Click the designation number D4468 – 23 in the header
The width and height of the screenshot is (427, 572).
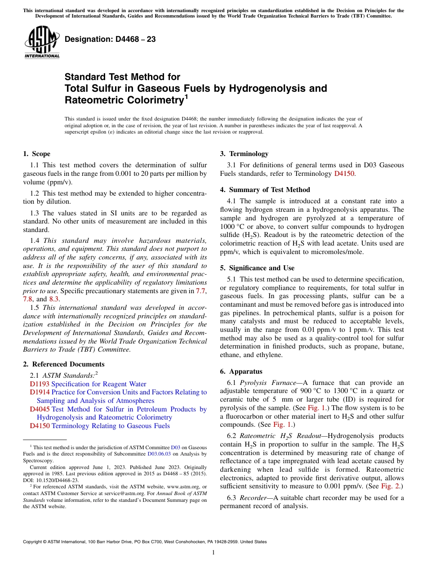110,40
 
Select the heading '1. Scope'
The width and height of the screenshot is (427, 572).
36,154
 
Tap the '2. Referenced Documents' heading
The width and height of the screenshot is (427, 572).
63,364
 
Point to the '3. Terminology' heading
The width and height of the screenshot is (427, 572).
244,154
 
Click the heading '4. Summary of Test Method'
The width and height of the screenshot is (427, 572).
265,190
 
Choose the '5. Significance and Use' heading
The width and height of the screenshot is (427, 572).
257,268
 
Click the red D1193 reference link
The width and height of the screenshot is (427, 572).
40,384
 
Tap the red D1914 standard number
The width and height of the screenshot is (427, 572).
40,392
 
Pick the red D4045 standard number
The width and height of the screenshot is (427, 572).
40,409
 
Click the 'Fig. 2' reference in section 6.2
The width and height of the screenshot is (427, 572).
391,486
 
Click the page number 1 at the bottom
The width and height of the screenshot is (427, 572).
213,553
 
